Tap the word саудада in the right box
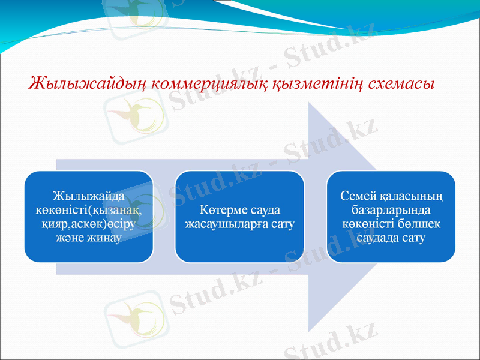click(x=377, y=238)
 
